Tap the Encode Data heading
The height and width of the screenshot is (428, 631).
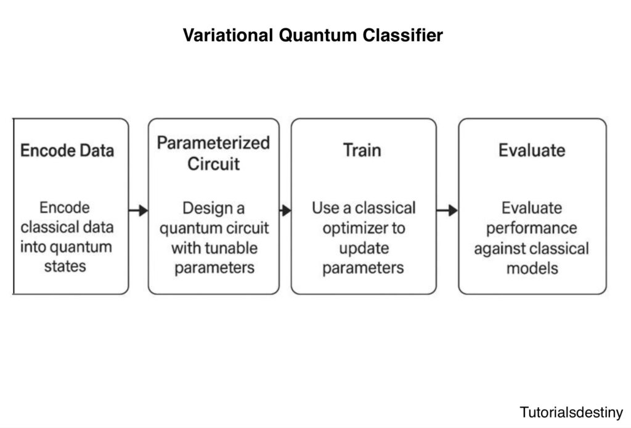(x=67, y=151)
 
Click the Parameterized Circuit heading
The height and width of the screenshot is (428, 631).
(x=213, y=153)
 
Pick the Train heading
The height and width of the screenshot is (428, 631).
(x=362, y=151)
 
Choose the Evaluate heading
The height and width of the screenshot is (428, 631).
(x=532, y=151)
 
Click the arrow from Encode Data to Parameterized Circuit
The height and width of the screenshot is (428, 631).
(x=138, y=210)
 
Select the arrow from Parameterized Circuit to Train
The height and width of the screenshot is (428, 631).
(x=285, y=210)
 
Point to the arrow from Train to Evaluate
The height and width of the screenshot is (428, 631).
(x=447, y=210)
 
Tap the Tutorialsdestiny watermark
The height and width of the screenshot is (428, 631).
(x=571, y=412)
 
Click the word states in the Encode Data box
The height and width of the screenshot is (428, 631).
(x=65, y=267)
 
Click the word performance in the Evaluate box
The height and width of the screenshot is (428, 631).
(x=531, y=228)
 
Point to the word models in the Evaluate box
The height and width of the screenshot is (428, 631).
(x=532, y=269)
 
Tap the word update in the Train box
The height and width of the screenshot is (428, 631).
(x=363, y=248)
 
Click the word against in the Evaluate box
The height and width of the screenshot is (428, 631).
(x=503, y=248)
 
